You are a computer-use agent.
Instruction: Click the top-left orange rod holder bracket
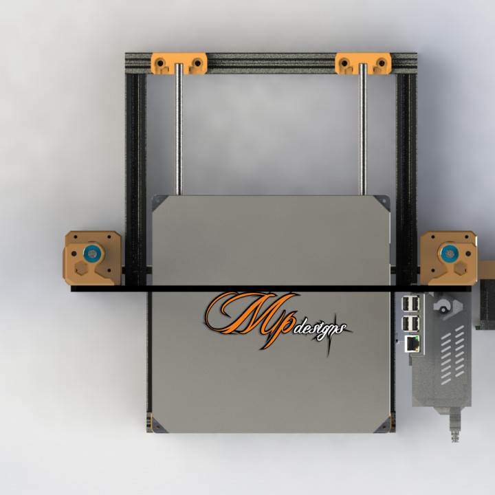tap(179, 63)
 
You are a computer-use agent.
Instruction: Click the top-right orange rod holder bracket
tap(363, 64)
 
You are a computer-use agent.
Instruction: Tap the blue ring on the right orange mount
tap(450, 253)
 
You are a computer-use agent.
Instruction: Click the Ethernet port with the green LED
tap(412, 344)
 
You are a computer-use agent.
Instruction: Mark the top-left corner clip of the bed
tap(158, 202)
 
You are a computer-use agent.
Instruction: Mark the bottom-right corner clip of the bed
tap(383, 426)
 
